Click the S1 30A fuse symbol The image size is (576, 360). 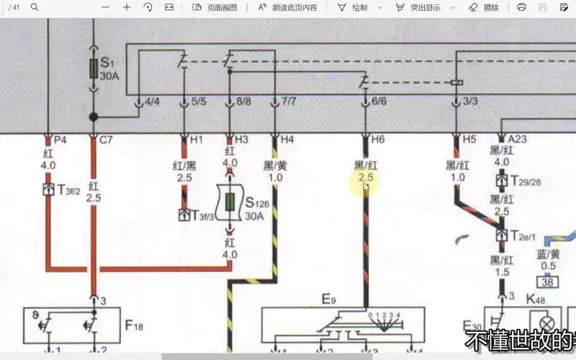pyautogui.click(x=93, y=68)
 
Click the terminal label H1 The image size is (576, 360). pyautogui.click(x=196, y=140)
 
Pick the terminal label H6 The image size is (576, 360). pyautogui.click(x=377, y=140)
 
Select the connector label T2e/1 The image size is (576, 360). pyautogui.click(x=523, y=236)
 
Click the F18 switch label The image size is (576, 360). pyautogui.click(x=134, y=326)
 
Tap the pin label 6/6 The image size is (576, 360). pyautogui.click(x=379, y=102)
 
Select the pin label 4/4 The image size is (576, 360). pyautogui.click(x=152, y=102)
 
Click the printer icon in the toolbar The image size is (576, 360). pyautogui.click(x=521, y=7)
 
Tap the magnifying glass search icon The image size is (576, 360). pyautogui.click(x=35, y=7)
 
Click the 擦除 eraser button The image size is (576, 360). pyautogui.click(x=484, y=7)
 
